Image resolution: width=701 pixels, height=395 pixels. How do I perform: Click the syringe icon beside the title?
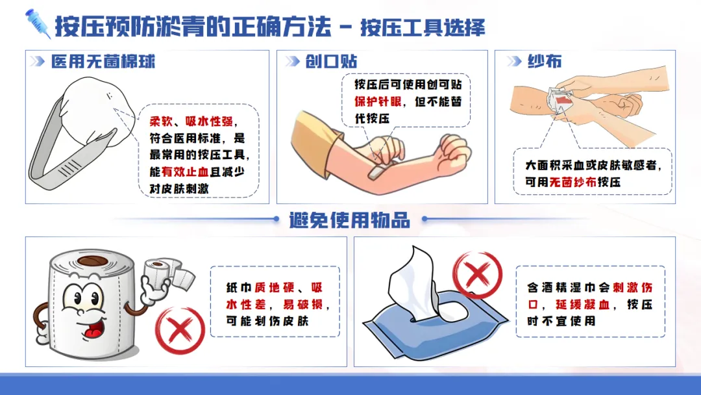[x=38, y=23]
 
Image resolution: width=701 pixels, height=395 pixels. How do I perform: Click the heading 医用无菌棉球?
[x=103, y=61]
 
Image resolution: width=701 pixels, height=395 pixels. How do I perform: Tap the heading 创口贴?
[x=331, y=61]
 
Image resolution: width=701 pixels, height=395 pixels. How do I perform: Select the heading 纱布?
[x=545, y=61]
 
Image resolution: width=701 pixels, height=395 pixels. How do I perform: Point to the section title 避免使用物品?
[x=350, y=220]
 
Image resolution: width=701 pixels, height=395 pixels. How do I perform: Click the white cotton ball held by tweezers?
[x=97, y=110]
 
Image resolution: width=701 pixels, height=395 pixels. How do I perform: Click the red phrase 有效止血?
[x=185, y=172]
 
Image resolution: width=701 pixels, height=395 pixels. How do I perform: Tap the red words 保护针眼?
[x=378, y=101]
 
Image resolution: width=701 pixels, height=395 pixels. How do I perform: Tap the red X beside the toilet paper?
[x=180, y=330]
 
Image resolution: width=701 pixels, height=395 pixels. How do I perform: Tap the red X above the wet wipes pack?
[x=477, y=274]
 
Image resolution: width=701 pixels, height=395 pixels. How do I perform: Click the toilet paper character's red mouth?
[x=93, y=331]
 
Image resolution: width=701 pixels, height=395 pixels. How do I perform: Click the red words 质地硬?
[x=275, y=287]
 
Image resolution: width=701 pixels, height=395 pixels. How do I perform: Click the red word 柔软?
[x=161, y=121]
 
